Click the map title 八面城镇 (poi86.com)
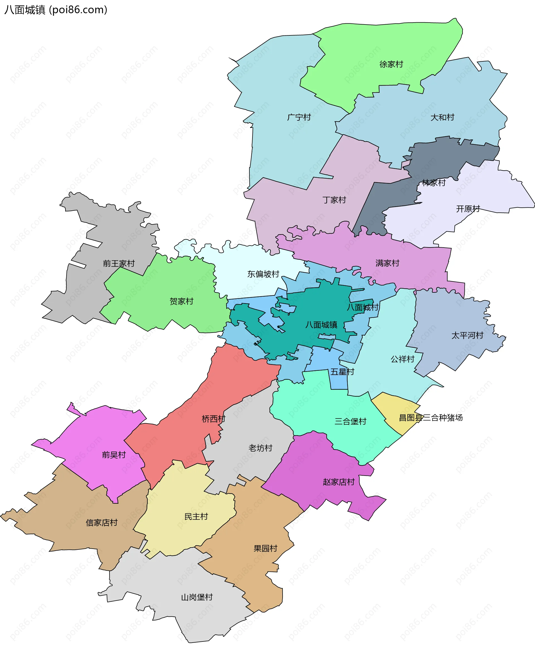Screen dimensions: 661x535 [x=56, y=10]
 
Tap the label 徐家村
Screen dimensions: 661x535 [x=391, y=64]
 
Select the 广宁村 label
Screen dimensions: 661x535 [x=299, y=117]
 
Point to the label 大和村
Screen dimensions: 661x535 [x=442, y=117]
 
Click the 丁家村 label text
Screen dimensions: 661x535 [x=334, y=200]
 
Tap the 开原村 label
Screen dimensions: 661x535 [x=468, y=209]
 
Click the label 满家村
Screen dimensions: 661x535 [x=387, y=263]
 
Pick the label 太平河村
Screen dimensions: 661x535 [x=467, y=335]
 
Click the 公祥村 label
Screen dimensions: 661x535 [x=402, y=359]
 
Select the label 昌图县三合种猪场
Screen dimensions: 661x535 [x=431, y=418]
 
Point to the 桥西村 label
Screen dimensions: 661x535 [x=213, y=419]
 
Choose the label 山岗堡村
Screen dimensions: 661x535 [x=197, y=597]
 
